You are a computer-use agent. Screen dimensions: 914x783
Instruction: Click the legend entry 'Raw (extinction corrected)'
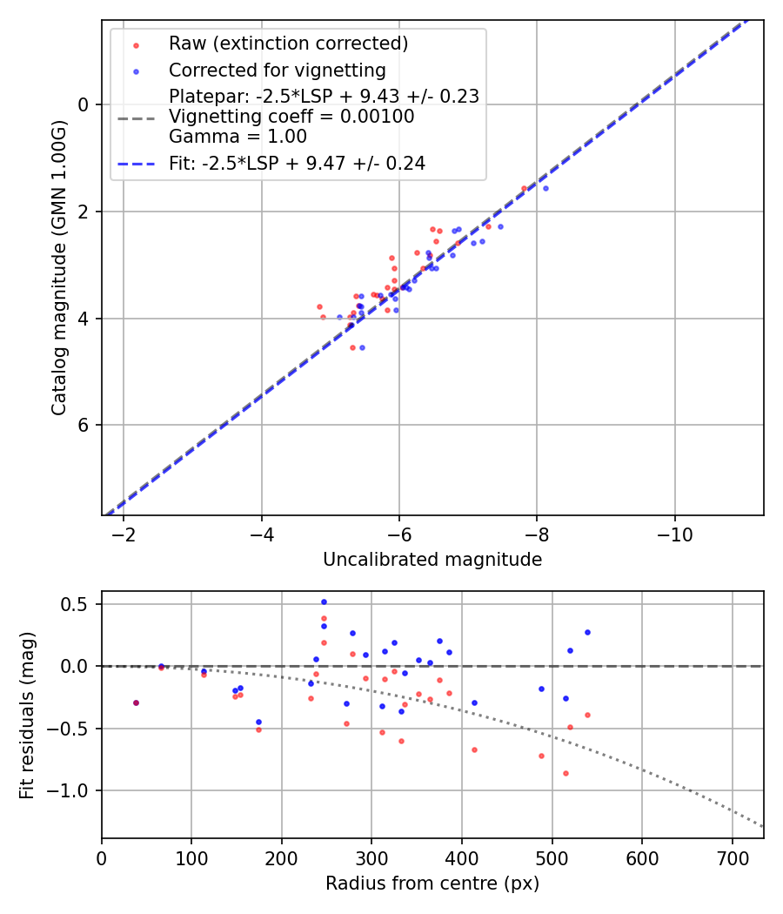288,44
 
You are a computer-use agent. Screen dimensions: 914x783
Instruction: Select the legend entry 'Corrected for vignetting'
277,70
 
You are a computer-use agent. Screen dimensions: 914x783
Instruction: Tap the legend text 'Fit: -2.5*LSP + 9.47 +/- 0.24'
297,163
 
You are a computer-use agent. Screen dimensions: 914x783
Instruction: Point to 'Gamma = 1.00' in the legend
238,136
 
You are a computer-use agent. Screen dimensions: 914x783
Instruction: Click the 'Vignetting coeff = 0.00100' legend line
291,116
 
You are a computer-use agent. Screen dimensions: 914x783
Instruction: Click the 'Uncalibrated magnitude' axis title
432,560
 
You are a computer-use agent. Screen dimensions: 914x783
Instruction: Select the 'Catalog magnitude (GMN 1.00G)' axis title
58,266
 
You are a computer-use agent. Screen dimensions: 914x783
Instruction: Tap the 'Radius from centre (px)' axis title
432,884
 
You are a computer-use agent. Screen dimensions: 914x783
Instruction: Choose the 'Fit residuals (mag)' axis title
27,715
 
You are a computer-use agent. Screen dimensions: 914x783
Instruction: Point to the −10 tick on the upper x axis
674,533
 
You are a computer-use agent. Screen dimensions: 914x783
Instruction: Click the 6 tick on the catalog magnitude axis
84,425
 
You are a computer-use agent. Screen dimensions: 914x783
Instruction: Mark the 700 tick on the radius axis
732,856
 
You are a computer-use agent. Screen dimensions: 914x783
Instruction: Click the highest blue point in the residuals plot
324,601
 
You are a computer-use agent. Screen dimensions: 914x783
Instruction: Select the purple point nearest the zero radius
136,702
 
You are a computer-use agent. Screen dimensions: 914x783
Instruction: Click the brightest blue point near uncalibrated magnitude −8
545,188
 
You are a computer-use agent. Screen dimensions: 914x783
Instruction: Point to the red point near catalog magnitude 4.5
352,347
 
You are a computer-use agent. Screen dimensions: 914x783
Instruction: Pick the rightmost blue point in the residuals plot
587,632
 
